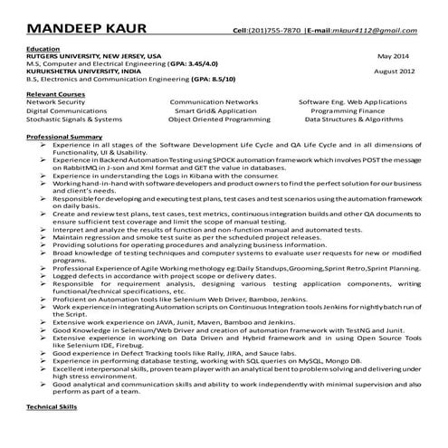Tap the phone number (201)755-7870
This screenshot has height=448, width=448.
[274, 31]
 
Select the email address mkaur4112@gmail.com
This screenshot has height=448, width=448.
[374, 31]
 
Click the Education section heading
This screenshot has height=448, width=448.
[44, 47]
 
